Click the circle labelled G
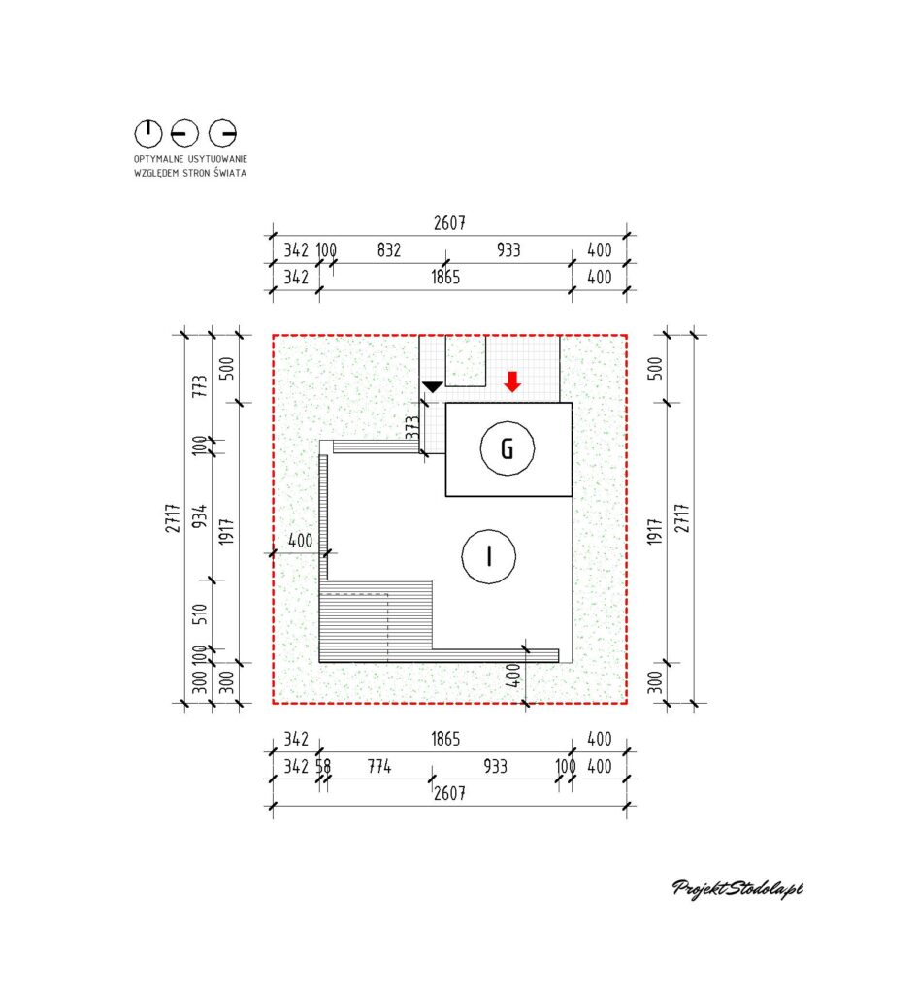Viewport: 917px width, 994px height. pos(481,448)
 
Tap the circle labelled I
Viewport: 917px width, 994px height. pos(463,556)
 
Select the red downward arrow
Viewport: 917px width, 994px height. pos(512,381)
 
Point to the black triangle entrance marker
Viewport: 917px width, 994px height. pos(432,386)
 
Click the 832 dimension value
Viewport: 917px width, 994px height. pos(389,249)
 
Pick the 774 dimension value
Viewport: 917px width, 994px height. pos(379,767)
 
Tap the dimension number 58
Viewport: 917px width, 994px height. pos(323,767)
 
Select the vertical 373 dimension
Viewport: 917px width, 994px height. pos(412,427)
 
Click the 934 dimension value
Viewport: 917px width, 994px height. pos(200,516)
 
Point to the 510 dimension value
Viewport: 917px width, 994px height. pos(200,613)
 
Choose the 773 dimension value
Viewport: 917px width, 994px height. pos(200,386)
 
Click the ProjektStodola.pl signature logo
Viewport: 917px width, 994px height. pos(737,889)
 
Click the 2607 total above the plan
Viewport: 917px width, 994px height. pos(449,223)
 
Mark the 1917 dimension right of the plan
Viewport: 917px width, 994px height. pos(655,531)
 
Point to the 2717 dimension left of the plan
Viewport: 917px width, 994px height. pos(173,518)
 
